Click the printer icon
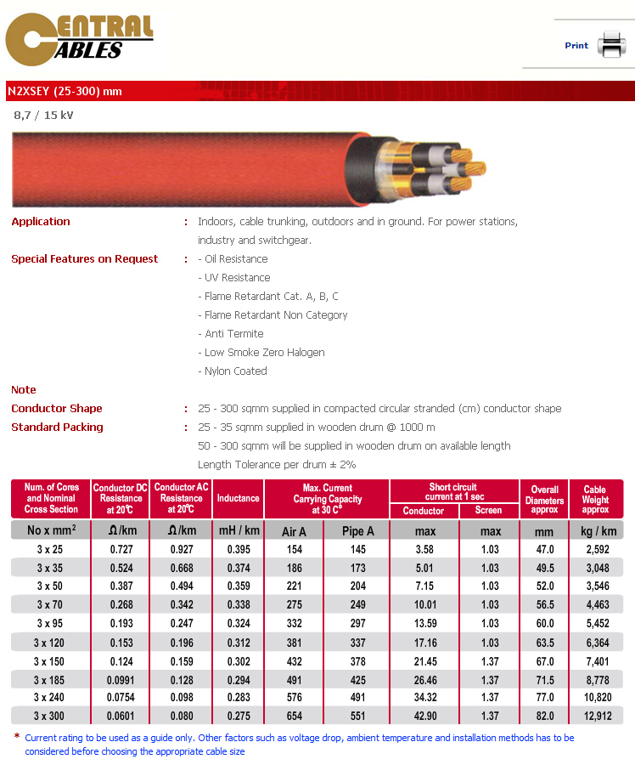(x=610, y=44)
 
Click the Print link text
(x=576, y=46)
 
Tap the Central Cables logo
(x=80, y=40)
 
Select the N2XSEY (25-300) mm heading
(x=65, y=91)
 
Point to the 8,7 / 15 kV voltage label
(x=43, y=115)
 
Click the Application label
(x=41, y=222)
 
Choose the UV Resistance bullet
(x=234, y=278)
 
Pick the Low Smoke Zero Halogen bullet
(x=261, y=353)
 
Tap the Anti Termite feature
(x=231, y=334)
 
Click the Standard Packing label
(x=57, y=428)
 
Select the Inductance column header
(x=239, y=498)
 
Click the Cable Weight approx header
(x=595, y=499)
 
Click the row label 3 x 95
(x=50, y=623)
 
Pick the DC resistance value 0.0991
(x=121, y=680)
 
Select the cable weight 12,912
(x=598, y=717)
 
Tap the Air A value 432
(x=294, y=661)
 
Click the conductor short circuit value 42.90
(x=424, y=717)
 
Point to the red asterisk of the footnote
(x=17, y=737)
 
